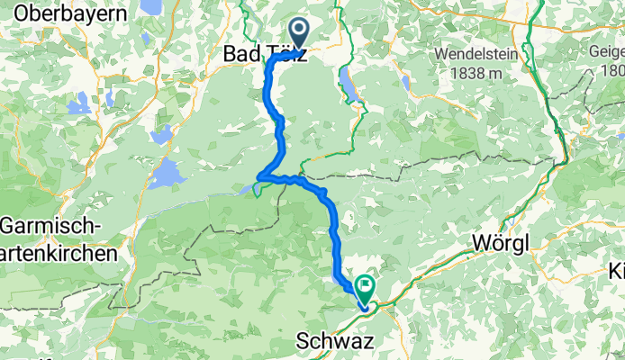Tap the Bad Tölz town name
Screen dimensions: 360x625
point(265,54)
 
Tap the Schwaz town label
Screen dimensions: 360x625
point(331,343)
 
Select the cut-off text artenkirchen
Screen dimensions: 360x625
point(59,254)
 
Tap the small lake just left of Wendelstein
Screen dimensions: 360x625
point(404,83)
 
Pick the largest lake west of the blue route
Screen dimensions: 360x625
point(168,174)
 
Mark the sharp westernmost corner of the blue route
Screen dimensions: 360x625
point(259,175)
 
